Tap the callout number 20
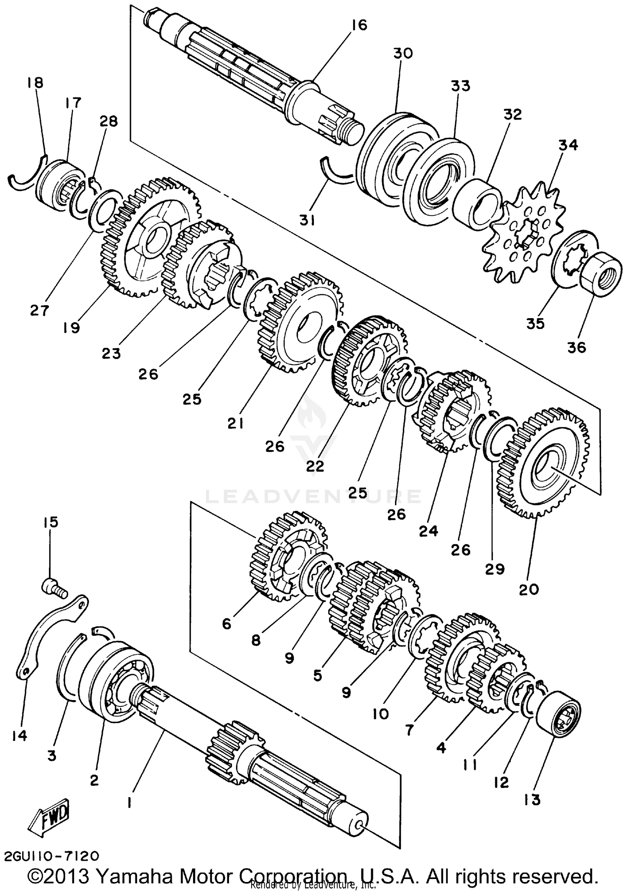pos(529,589)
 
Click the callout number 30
pos(403,54)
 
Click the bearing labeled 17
pos(60,184)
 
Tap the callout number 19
pos(71,328)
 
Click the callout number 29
pos(494,569)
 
